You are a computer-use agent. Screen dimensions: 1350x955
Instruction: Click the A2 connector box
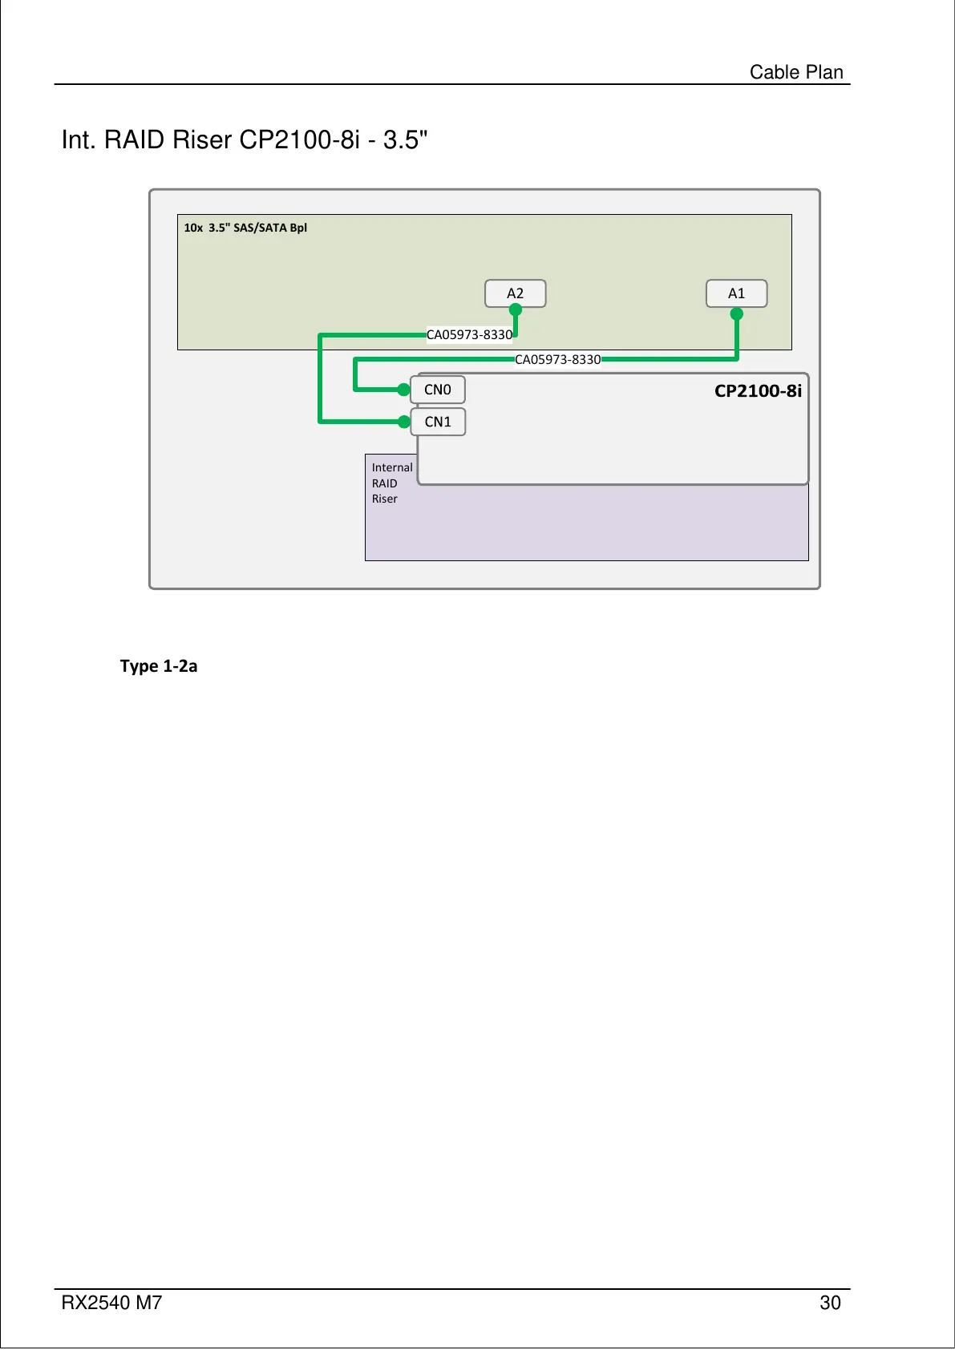(515, 293)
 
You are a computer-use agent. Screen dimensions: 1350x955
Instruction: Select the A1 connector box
(736, 293)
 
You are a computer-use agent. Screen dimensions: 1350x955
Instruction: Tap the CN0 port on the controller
(438, 390)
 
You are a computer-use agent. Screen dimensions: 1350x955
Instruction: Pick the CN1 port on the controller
(438, 422)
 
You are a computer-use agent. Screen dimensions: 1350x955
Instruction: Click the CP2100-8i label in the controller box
(757, 391)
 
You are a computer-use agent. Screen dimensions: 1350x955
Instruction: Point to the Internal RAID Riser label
(391, 483)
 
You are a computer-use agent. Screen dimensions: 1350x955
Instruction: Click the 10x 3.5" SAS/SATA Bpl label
(245, 228)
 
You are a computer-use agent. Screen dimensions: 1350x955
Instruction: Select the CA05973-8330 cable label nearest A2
(469, 334)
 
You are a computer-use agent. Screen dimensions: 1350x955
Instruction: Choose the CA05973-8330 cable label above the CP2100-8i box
(557, 359)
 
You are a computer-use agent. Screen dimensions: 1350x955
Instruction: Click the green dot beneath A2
(516, 310)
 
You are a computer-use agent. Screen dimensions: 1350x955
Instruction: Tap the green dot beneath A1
(737, 314)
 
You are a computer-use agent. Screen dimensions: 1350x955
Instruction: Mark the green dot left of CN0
(404, 390)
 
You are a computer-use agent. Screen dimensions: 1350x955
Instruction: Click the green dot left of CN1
(404, 422)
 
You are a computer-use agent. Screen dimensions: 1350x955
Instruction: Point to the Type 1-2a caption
(159, 666)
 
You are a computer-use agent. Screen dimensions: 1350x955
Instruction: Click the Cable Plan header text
(796, 72)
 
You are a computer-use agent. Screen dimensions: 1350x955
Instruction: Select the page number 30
(830, 1303)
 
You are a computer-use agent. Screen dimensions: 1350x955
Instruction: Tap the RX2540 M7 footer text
(111, 1303)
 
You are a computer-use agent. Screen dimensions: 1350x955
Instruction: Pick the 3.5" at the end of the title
(405, 140)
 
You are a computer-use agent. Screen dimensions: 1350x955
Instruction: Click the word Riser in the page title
(202, 140)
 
